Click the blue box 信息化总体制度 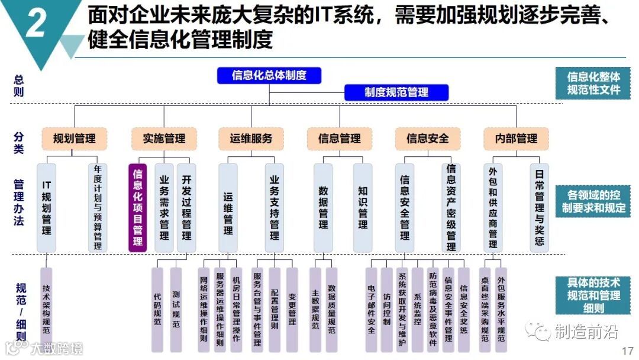pos(269,75)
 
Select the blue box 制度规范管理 pos(396,92)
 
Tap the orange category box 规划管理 pos(74,139)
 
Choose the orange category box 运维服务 pos(251,139)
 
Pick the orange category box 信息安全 pos(428,139)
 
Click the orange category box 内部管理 pos(516,139)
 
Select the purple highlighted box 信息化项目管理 pos(138,207)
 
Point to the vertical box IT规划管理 pos(47,207)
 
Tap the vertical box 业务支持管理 pos(274,207)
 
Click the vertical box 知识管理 pos(363,207)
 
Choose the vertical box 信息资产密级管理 pos(451,207)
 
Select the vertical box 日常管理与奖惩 pos(539,207)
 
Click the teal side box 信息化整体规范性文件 pos(593,83)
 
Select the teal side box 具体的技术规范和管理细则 pos(593,295)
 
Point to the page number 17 pos(627,351)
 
